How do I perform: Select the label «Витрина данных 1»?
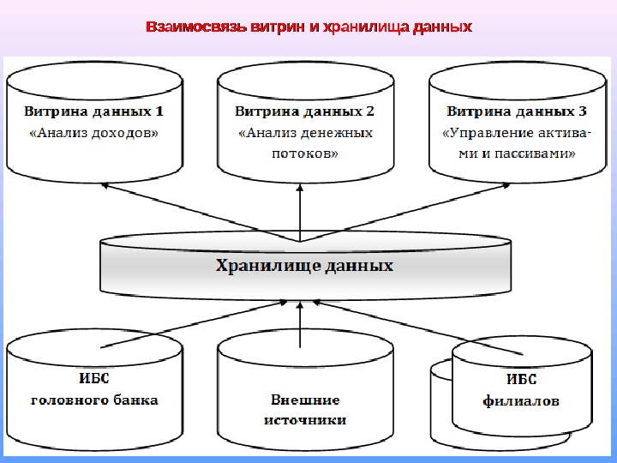click(93, 111)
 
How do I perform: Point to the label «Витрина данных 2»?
click(305, 111)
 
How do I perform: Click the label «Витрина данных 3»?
click(517, 111)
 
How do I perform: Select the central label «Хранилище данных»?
click(304, 267)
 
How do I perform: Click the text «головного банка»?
click(94, 400)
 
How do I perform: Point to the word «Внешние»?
click(305, 400)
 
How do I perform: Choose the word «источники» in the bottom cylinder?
click(305, 420)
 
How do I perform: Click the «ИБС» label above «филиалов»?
click(521, 379)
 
